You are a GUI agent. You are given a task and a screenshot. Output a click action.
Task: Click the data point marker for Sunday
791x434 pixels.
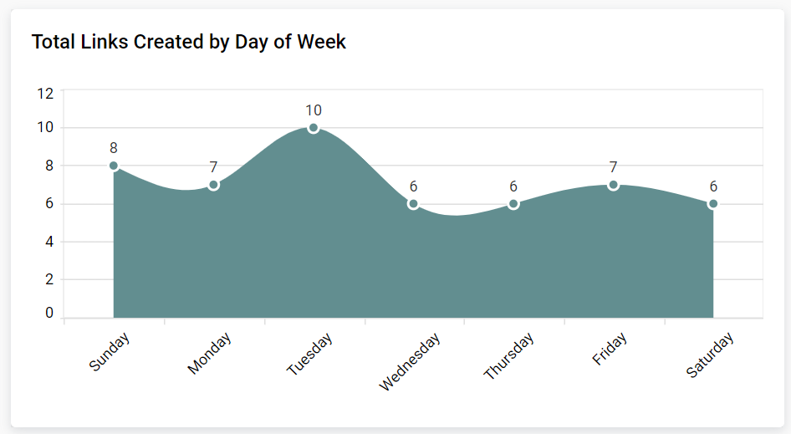pyautogui.click(x=114, y=166)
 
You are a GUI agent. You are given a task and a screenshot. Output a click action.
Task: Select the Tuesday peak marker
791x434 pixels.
pyautogui.click(x=314, y=128)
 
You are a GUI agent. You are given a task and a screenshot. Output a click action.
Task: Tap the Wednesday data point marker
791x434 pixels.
pyautogui.click(x=413, y=204)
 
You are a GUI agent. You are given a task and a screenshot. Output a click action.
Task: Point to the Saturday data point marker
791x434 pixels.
pyautogui.click(x=713, y=204)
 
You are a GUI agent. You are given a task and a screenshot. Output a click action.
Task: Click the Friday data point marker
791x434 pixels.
pyautogui.click(x=613, y=185)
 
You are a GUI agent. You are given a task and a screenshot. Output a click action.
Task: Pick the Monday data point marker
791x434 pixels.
pyautogui.click(x=213, y=185)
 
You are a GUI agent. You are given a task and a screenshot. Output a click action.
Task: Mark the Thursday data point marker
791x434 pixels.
pyautogui.click(x=513, y=204)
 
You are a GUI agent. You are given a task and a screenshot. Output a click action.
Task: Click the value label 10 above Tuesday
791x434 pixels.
pyautogui.click(x=314, y=110)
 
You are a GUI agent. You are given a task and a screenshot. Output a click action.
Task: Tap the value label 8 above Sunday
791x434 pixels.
pyautogui.click(x=114, y=148)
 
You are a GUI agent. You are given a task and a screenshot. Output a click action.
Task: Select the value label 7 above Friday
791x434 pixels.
pyautogui.click(x=613, y=167)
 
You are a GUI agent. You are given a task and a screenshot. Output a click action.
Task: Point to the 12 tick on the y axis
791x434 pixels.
pyautogui.click(x=45, y=93)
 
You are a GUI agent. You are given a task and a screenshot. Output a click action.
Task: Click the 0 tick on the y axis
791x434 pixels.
pyautogui.click(x=49, y=313)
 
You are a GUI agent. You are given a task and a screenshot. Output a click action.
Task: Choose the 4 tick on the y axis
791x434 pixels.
pyautogui.click(x=49, y=242)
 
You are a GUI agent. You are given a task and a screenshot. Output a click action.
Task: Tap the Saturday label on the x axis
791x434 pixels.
pyautogui.click(x=710, y=355)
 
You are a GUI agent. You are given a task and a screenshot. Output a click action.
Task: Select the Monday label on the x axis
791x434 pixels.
pyautogui.click(x=209, y=354)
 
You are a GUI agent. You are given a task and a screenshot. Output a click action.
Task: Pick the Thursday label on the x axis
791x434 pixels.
pyautogui.click(x=509, y=357)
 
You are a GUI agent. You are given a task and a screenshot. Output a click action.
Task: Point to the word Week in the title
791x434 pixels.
pyautogui.click(x=322, y=42)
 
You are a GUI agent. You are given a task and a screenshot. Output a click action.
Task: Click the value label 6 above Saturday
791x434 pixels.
pyautogui.click(x=713, y=186)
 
